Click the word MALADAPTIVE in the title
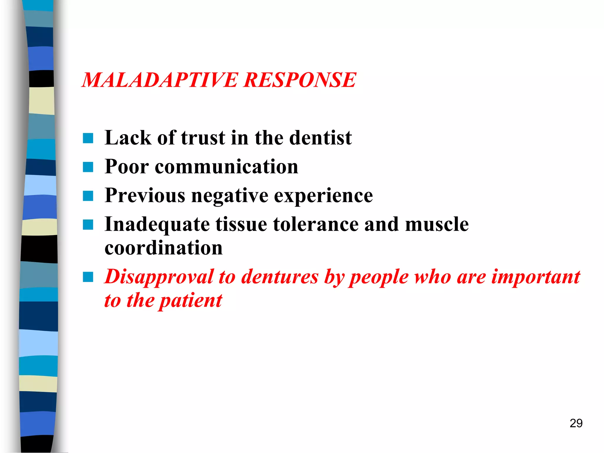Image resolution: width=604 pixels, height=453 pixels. pyautogui.click(x=159, y=80)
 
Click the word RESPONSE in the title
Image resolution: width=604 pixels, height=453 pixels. pyautogui.click(x=300, y=80)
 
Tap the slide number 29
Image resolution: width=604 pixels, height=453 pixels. pyautogui.click(x=576, y=423)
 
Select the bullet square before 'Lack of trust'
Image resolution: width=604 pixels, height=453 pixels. pyautogui.click(x=88, y=138)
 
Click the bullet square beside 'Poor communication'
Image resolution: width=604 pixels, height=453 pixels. pyautogui.click(x=88, y=167)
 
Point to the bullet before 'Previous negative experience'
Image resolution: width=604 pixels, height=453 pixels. pyautogui.click(x=88, y=196)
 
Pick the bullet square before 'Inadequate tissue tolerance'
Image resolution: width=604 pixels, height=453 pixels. pyautogui.click(x=88, y=224)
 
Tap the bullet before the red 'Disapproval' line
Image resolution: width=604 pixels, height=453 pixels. pyautogui.click(x=88, y=277)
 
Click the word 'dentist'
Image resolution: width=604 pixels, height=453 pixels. pyautogui.click(x=321, y=138)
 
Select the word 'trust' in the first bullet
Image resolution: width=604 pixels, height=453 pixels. pyautogui.click(x=203, y=138)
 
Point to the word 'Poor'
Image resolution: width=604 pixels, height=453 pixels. pyautogui.click(x=127, y=167)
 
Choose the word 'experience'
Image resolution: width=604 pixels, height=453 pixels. pyautogui.click(x=323, y=196)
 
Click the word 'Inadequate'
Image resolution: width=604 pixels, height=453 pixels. pyautogui.click(x=157, y=225)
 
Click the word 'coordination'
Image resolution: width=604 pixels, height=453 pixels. pyautogui.click(x=164, y=248)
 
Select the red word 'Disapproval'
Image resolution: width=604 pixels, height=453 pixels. pyautogui.click(x=159, y=277)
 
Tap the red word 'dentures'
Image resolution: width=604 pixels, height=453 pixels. pyautogui.click(x=280, y=277)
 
